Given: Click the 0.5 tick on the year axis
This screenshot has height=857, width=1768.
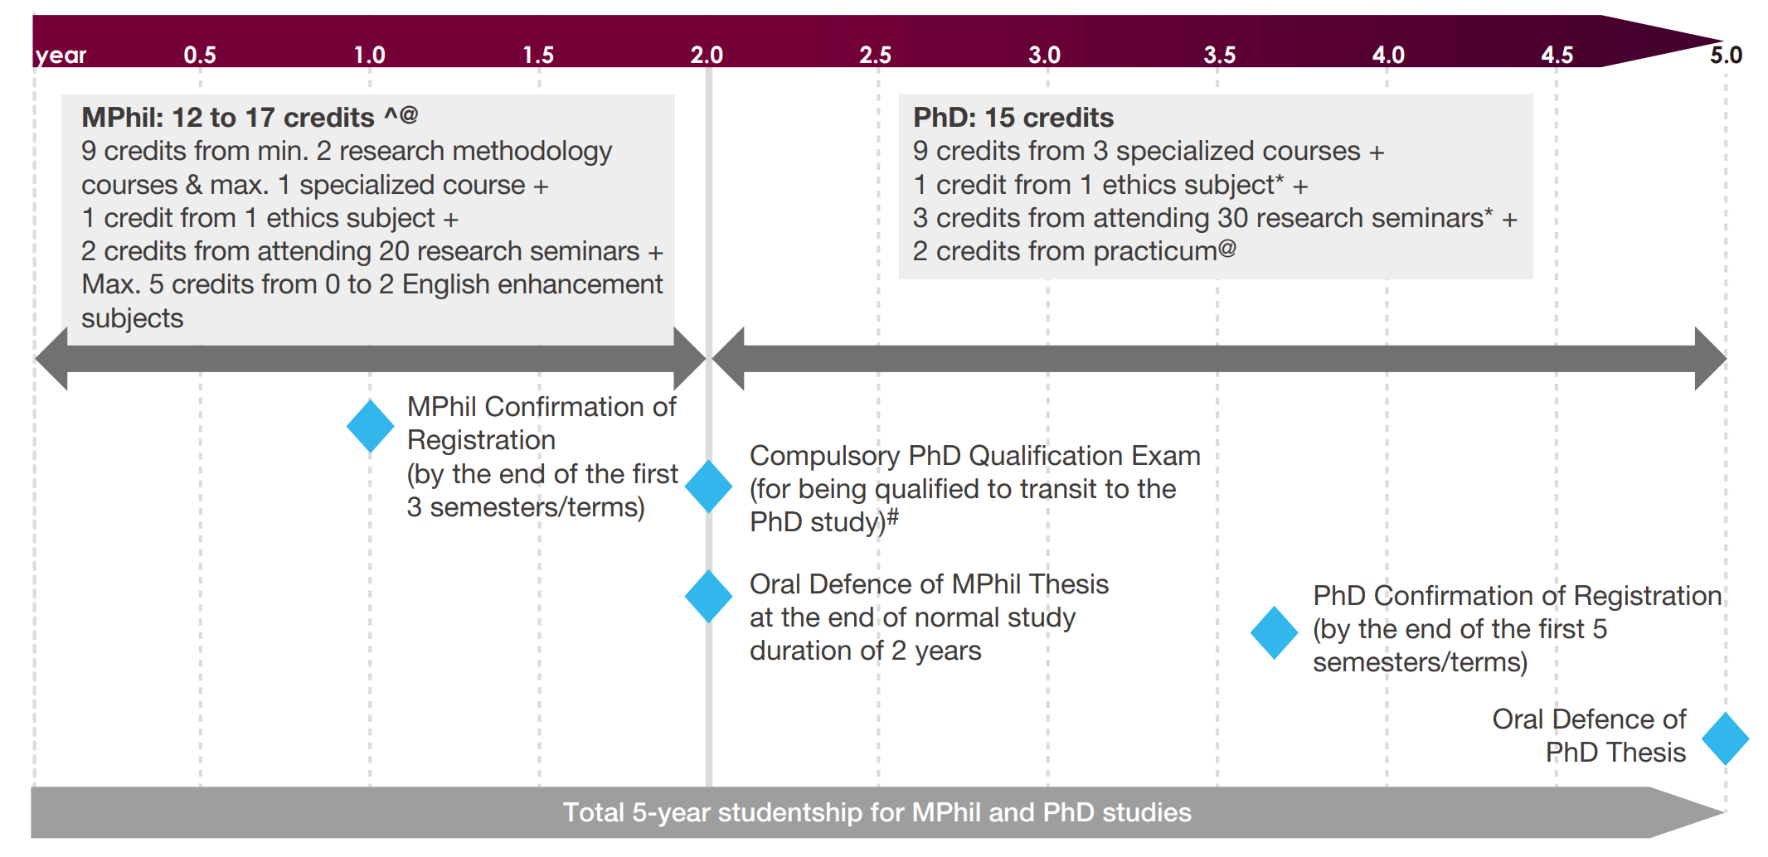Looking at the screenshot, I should [200, 55].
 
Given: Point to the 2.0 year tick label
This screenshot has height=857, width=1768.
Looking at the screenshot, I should [707, 55].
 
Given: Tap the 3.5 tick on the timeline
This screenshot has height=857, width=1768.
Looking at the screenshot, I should [1219, 55].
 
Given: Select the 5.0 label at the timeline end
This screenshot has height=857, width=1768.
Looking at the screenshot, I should [1727, 55].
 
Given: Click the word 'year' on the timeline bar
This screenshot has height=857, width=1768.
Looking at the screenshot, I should [61, 56].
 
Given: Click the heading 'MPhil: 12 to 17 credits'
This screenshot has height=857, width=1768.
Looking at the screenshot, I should [228, 118].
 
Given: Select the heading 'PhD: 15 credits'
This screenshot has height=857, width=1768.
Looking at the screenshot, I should [1013, 118].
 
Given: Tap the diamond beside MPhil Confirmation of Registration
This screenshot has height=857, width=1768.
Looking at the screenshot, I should [370, 426].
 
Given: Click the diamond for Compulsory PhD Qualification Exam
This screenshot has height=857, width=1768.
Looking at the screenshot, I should [708, 487].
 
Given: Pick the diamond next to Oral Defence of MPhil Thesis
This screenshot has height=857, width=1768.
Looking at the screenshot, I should [708, 596].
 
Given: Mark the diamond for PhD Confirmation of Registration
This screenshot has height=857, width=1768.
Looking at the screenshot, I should [1274, 632].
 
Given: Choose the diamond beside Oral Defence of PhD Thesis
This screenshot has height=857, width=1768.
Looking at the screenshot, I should [1725, 738].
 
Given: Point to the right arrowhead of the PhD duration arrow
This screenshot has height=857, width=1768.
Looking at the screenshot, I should [1710, 359].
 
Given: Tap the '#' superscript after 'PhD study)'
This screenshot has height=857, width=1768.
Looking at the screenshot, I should [893, 518].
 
